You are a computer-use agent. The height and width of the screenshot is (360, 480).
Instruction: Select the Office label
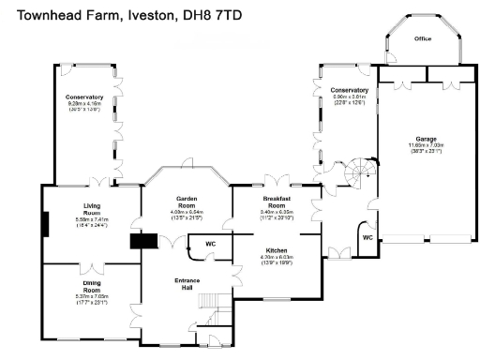[424, 39]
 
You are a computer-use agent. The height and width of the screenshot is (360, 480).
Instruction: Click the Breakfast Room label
[277, 203]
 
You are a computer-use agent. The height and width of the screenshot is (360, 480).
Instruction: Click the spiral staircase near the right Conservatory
[358, 173]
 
